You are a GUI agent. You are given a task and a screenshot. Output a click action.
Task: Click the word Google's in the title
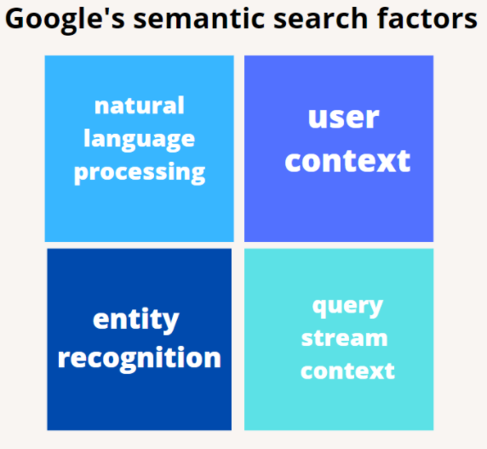tap(65, 20)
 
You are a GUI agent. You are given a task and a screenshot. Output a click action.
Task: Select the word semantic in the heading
tap(198, 19)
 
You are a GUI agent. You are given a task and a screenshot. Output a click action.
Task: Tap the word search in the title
tap(321, 19)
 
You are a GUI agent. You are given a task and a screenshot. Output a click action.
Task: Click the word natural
tap(140, 106)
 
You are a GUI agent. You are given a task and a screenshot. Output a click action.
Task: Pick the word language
tap(139, 140)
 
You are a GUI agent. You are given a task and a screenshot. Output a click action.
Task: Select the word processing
tap(140, 173)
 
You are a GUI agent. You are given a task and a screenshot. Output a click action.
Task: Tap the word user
tap(343, 118)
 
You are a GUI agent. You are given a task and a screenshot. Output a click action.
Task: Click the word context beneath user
tap(347, 161)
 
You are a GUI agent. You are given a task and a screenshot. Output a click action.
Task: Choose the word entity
tap(136, 320)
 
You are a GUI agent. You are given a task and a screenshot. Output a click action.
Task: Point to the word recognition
tap(140, 358)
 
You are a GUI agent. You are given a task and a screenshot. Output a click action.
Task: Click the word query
tap(347, 307)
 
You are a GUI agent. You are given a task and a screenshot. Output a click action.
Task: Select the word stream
tap(345, 338)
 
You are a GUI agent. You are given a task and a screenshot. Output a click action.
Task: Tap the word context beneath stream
tap(347, 371)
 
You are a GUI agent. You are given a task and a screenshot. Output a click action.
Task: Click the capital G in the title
tap(15, 19)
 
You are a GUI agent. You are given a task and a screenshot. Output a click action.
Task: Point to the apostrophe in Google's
tap(103, 13)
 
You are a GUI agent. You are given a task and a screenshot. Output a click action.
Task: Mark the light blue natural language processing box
tap(140, 148)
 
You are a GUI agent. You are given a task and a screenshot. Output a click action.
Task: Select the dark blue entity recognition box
tap(140, 339)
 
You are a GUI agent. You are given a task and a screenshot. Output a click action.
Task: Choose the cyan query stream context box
tap(339, 339)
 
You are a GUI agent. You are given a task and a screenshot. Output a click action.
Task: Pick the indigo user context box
tap(339, 148)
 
